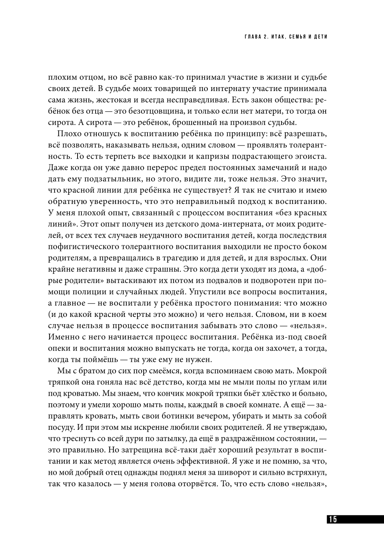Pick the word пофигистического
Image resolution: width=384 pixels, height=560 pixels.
(x=88, y=246)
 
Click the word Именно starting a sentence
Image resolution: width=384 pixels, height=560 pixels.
(x=63, y=337)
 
